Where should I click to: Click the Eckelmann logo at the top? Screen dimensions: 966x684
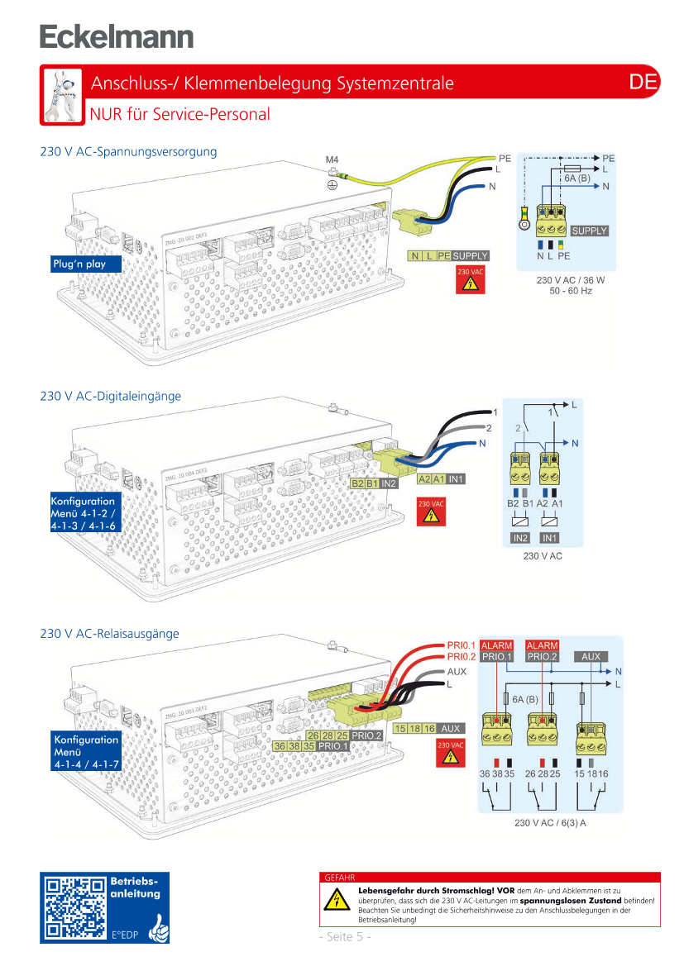tap(117, 36)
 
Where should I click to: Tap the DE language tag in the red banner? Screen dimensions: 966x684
tap(643, 82)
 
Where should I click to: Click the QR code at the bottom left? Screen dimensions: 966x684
tap(75, 908)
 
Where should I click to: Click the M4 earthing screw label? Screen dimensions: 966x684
tap(332, 159)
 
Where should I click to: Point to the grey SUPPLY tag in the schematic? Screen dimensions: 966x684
tap(590, 231)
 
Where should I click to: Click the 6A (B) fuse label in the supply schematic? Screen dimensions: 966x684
tap(577, 178)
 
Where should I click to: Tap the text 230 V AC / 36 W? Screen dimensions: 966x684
tap(571, 279)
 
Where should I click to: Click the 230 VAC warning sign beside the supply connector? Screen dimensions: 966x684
tap(470, 280)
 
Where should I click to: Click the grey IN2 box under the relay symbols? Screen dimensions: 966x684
tap(520, 538)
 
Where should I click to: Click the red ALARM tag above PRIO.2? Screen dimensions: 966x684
tap(543, 645)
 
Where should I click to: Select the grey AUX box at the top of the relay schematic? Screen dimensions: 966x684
tap(591, 657)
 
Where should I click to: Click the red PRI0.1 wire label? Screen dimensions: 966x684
tap(461, 645)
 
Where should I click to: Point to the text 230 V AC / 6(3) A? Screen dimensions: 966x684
tap(550, 823)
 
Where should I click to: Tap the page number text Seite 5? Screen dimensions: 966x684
tap(345, 936)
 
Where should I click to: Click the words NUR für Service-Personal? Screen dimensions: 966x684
tap(180, 114)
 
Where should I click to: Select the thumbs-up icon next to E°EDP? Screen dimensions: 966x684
tap(156, 930)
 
